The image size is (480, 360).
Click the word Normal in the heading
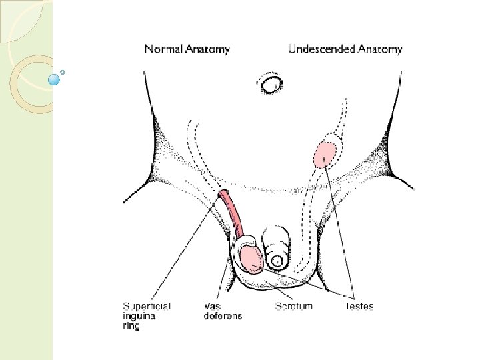point(163,49)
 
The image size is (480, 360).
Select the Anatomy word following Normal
point(208,49)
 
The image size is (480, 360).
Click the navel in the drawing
point(271,85)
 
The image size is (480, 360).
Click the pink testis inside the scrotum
point(250,258)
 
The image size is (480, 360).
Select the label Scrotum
point(294,307)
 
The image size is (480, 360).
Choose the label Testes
point(359,307)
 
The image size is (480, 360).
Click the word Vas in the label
point(212,307)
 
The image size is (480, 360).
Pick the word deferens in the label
point(223,317)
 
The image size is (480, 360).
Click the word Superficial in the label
point(147,307)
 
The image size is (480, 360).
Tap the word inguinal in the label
point(140,317)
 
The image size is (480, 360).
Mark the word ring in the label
point(131,327)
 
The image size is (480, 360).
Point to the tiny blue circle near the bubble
point(62,71)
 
